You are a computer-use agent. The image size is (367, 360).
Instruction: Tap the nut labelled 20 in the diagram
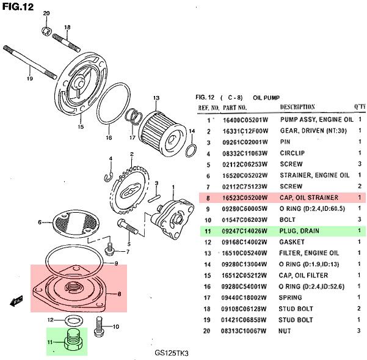click(46, 31)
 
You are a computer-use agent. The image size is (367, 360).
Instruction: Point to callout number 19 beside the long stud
click(29, 78)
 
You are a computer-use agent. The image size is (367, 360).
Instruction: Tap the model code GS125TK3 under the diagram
click(172, 353)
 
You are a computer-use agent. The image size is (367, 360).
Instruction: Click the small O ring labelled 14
click(191, 150)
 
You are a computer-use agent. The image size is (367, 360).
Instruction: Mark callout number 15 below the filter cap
click(80, 127)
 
